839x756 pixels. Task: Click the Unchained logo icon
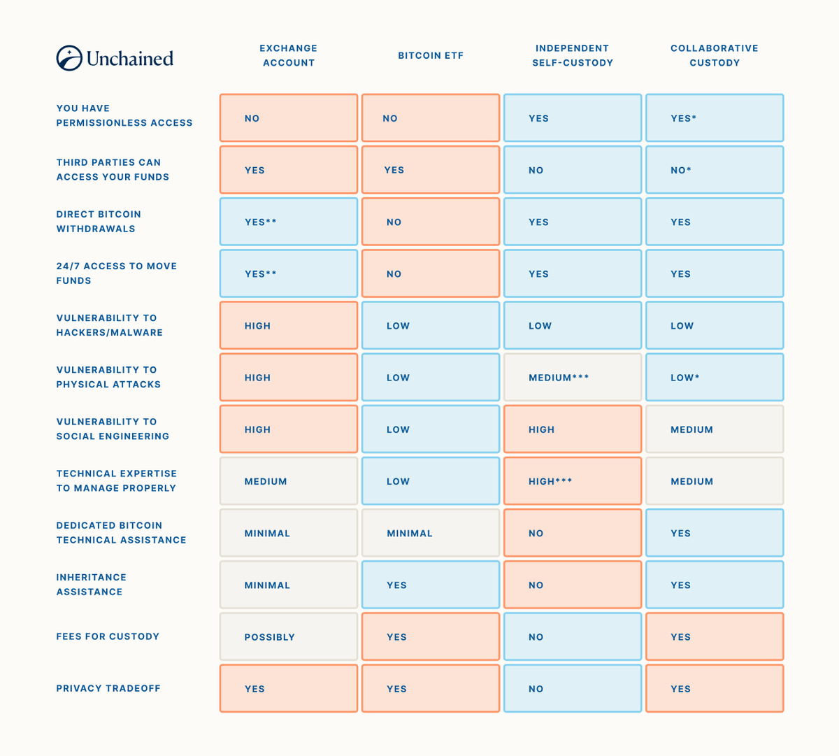coord(69,58)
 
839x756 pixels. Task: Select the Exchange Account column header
coord(289,55)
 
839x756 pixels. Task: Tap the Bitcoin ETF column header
coord(431,56)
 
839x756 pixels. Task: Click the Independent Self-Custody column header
coord(573,55)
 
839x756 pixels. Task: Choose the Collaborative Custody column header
coord(715,55)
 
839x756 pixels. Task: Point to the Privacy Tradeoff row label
coord(108,688)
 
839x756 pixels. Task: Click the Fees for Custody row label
coord(108,636)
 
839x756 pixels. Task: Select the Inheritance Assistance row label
coord(91,585)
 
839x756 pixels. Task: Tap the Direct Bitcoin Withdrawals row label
coord(99,221)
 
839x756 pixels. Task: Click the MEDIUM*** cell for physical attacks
coord(573,378)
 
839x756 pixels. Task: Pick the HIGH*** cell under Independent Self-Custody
coord(573,481)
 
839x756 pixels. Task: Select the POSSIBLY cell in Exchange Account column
coord(289,637)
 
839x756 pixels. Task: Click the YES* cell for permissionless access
coord(715,118)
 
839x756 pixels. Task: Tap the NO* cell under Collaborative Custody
coord(715,170)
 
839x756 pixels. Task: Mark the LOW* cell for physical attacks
coord(715,378)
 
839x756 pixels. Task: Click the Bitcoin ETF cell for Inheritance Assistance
coord(431,585)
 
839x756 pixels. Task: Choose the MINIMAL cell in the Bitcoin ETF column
coord(431,533)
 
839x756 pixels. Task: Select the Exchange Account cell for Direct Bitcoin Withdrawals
coord(289,222)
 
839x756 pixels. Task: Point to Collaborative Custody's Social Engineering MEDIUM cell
coord(715,429)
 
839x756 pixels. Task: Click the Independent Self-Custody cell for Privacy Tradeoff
coord(573,689)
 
